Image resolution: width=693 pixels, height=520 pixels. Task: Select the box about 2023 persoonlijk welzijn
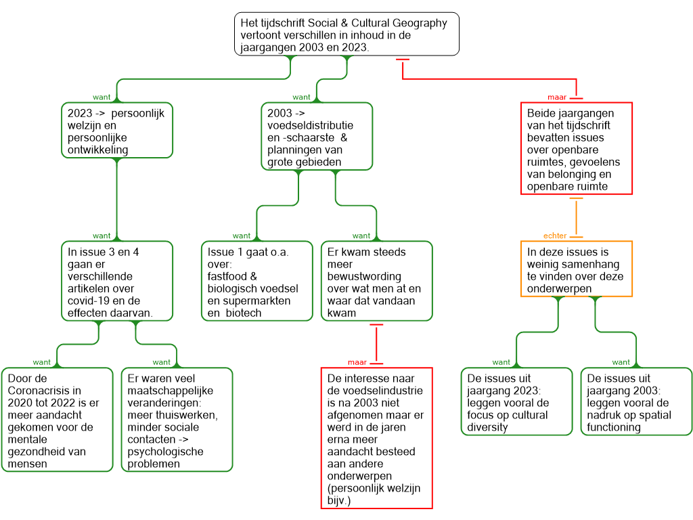point(116,131)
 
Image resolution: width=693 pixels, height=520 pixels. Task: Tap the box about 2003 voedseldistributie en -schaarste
point(317,136)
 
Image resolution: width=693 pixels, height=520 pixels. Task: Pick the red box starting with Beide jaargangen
point(577,148)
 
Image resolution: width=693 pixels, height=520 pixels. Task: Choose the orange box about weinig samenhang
point(577,269)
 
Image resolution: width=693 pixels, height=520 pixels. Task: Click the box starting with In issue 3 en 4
point(116,281)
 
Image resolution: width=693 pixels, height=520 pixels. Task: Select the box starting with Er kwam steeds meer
point(376,281)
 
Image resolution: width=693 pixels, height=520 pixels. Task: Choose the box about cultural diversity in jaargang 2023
point(516,402)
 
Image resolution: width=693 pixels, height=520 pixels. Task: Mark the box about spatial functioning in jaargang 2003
point(636,402)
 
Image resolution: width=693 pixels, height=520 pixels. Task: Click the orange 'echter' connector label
point(555,236)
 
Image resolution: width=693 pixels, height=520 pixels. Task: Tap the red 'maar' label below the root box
point(557,97)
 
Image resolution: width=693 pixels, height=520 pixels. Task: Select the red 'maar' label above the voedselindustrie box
point(357,362)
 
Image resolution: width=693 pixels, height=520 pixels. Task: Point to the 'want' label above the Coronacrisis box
point(41,362)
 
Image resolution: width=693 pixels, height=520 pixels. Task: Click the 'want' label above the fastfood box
point(241,236)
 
